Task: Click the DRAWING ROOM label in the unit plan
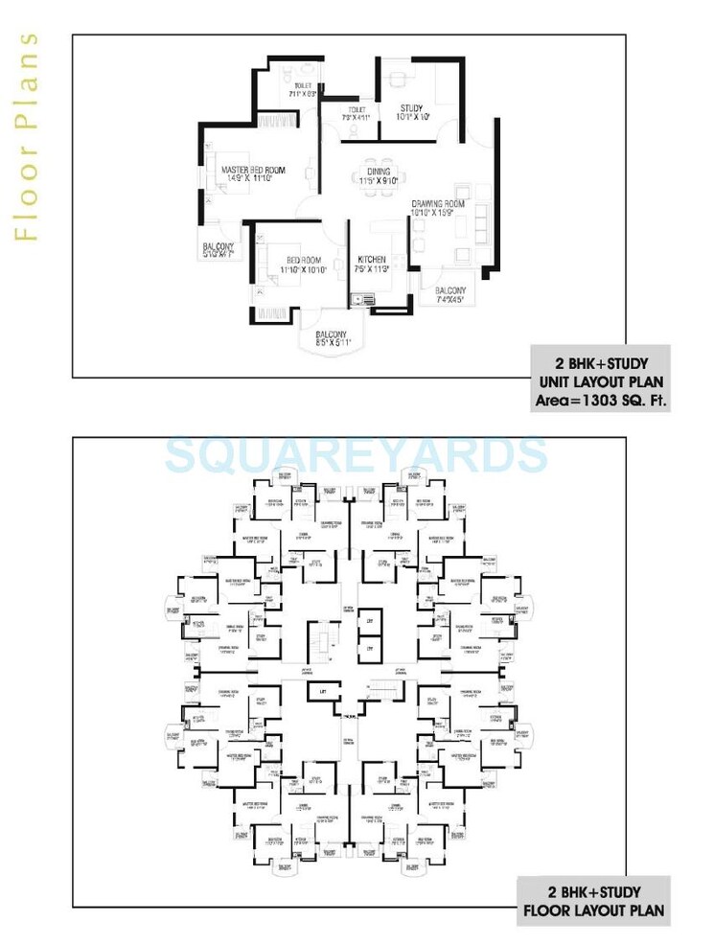[x=438, y=204]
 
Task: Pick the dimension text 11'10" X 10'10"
[x=303, y=270]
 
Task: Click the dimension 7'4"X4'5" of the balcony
[x=449, y=299]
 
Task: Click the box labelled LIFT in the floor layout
[x=313, y=689]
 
